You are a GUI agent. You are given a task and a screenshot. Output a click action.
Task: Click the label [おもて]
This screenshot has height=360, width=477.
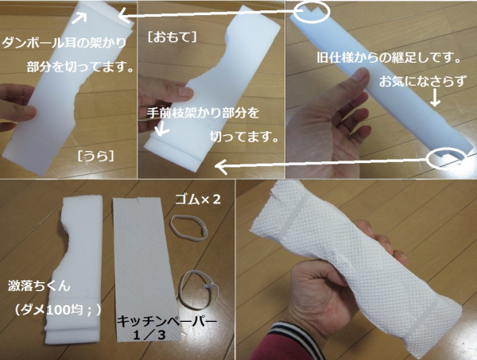pos(173,37)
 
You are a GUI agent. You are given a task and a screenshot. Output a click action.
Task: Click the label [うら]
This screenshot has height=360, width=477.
pos(96,157)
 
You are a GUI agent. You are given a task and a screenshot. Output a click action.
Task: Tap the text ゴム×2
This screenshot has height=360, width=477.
pos(198,199)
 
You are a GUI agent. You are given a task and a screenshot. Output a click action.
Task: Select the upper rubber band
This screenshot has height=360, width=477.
pos(189,226)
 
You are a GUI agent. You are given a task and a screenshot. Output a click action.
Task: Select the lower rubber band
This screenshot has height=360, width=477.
pos(198,288)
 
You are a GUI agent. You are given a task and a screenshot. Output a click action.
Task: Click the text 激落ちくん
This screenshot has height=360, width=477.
pos(39,286)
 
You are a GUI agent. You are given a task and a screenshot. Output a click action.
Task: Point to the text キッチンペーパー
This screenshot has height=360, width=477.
pos(167,321)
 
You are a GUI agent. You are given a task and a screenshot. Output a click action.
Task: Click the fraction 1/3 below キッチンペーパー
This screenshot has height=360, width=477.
pos(149,335)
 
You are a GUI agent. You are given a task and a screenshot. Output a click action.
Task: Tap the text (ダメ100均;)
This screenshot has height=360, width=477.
pos(56,310)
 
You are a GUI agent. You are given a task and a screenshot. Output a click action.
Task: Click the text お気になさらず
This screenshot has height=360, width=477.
pos(423,82)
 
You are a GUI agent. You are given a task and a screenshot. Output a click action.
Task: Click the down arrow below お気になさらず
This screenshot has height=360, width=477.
pos(436,98)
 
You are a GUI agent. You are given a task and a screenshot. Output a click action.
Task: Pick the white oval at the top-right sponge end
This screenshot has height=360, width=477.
pos(312,12)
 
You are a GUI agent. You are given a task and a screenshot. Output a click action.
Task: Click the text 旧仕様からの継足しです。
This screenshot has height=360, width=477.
pos(389,57)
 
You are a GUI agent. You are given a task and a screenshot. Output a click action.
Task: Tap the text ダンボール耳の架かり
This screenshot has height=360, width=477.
pos(64,43)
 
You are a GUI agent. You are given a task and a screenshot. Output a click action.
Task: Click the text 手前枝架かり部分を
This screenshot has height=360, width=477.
pos(203,113)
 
